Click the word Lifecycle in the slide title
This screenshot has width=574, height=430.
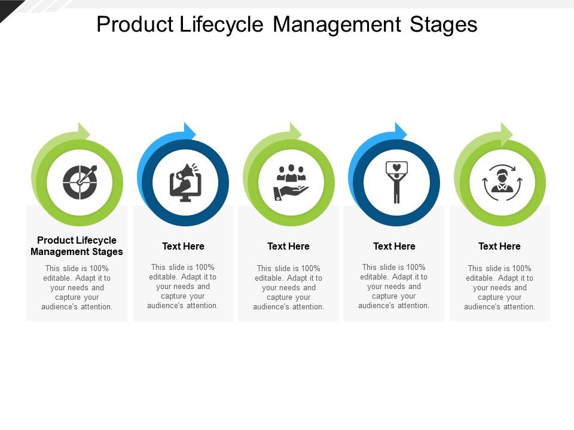(221, 25)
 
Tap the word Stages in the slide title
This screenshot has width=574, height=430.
(443, 25)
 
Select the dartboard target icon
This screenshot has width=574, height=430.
(80, 182)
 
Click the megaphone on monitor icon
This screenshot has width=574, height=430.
(185, 183)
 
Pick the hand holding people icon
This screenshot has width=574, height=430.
(291, 183)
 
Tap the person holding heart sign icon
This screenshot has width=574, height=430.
(396, 182)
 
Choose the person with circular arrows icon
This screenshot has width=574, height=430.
(502, 182)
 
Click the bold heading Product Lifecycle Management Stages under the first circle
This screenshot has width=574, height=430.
(77, 245)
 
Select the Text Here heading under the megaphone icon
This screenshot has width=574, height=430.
(183, 246)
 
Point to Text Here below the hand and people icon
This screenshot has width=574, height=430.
(288, 246)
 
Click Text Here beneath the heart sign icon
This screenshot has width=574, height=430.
(394, 246)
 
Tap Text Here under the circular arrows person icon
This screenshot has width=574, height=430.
(499, 246)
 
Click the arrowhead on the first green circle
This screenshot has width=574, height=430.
(84, 131)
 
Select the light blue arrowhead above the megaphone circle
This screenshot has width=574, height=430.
(190, 131)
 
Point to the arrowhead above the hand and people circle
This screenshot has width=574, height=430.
(295, 131)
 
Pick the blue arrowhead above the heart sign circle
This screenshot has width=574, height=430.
(401, 131)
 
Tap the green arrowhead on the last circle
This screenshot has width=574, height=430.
(506, 131)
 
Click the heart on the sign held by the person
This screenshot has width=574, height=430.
(397, 167)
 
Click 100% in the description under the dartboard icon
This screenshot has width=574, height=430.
(99, 268)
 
